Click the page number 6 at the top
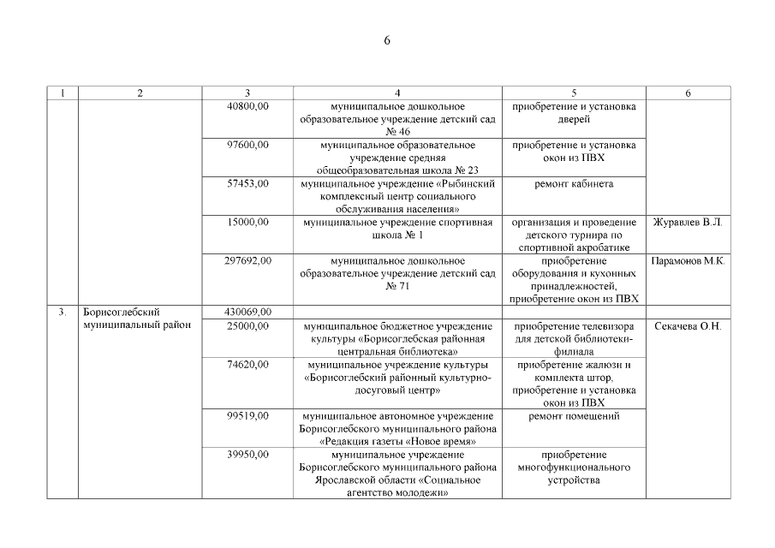point(387,41)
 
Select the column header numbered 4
point(397,92)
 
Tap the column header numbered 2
point(140,92)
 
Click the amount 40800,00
point(247,106)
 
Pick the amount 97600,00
point(247,145)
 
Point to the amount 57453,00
point(247,183)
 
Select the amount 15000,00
point(247,222)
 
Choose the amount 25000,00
point(247,326)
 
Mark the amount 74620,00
point(247,365)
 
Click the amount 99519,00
point(247,416)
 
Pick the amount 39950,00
point(247,455)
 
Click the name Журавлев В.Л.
point(688,223)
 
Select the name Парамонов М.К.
point(688,261)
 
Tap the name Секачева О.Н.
point(688,326)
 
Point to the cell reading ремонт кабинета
point(574,183)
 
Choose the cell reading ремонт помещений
point(574,416)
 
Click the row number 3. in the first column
point(63,312)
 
